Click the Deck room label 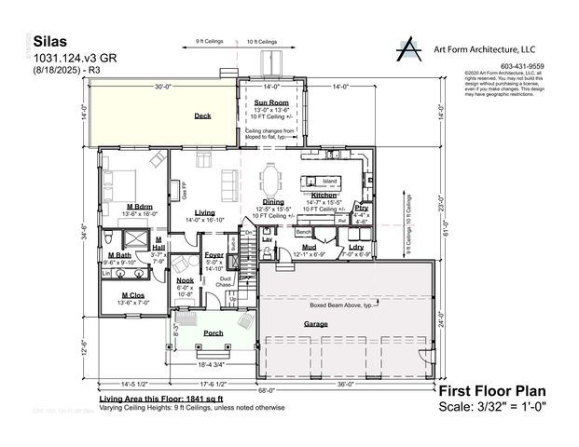click(x=202, y=115)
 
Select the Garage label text click(x=315, y=324)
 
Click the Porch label click(x=213, y=332)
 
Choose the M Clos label click(x=131, y=295)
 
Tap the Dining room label click(x=273, y=201)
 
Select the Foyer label click(x=214, y=253)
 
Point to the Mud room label click(x=309, y=248)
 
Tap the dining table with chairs click(x=271, y=177)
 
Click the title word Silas click(x=51, y=42)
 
